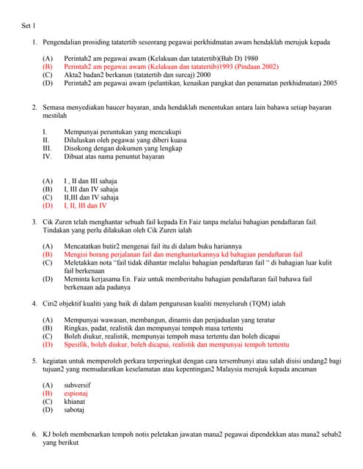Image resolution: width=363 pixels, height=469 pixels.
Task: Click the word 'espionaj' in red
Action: pos(76,393)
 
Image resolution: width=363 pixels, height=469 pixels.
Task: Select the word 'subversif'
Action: pos(78,384)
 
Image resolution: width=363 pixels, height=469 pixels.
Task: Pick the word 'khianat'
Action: pos(75,401)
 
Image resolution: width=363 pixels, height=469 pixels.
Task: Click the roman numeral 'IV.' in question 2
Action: pos(47,156)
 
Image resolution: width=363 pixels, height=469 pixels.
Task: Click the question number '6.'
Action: pos(34,435)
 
